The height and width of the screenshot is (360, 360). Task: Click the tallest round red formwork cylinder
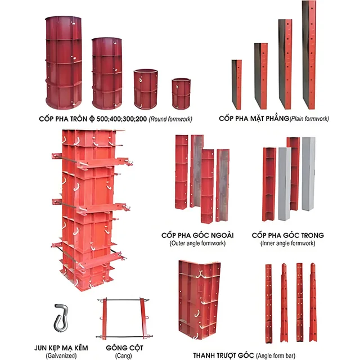(64, 62)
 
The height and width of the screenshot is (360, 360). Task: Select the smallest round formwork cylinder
(181, 94)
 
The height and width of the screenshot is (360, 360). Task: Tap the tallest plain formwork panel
(309, 55)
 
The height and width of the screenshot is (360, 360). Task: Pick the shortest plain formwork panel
(236, 84)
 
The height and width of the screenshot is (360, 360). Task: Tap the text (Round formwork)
(170, 119)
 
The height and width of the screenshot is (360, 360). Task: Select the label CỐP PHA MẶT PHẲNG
(254, 119)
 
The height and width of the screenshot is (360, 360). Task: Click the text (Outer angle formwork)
(197, 243)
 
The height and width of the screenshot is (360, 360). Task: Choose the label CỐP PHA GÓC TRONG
(287, 235)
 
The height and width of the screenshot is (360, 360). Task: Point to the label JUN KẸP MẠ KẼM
(61, 348)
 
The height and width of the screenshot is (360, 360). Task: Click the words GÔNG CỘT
(124, 348)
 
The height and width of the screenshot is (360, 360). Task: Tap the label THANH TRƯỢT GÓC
(223, 355)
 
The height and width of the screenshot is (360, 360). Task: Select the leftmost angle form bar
(268, 304)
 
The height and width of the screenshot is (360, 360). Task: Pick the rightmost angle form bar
(313, 303)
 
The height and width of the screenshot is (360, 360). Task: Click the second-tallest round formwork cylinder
(107, 74)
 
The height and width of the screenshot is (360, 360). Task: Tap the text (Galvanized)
(61, 355)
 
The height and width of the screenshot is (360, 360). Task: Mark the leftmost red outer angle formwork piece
(181, 172)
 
